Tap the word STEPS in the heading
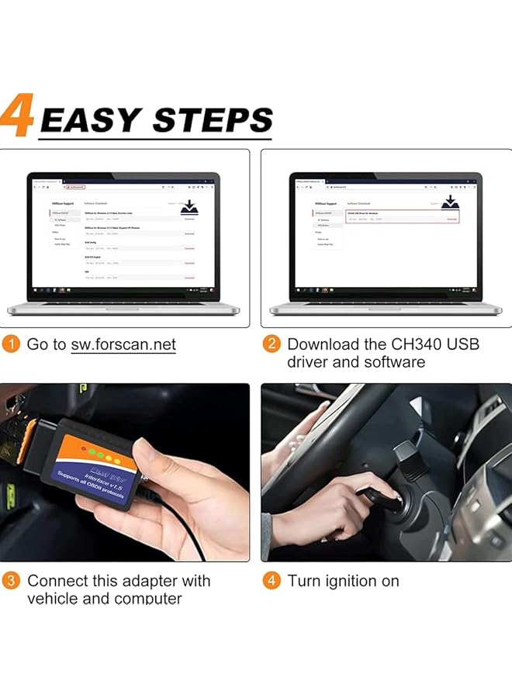pyautogui.click(x=212, y=121)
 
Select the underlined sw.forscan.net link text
pyautogui.click(x=123, y=344)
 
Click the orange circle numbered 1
pyautogui.click(x=11, y=344)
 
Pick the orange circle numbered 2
pyautogui.click(x=271, y=344)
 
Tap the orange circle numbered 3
pyautogui.click(x=11, y=581)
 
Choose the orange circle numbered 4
pyautogui.click(x=271, y=581)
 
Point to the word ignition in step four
pyautogui.click(x=348, y=581)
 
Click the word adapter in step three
pyautogui.click(x=147, y=581)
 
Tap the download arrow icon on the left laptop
pyautogui.click(x=189, y=206)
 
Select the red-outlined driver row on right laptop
pyautogui.click(x=403, y=216)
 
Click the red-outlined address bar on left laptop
pyautogui.click(x=75, y=187)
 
